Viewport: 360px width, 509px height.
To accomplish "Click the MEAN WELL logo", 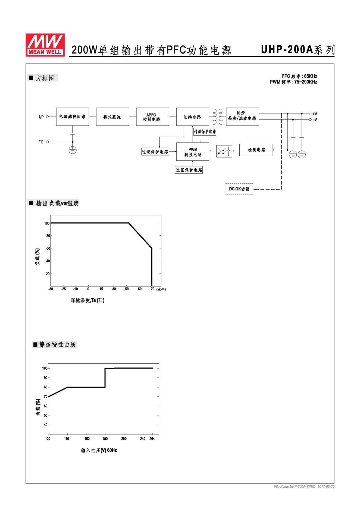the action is click(45, 45).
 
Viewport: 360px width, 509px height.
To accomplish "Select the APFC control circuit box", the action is click(152, 117).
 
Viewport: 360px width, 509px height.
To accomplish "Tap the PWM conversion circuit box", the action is click(193, 152).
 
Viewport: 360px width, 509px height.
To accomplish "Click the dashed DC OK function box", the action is click(239, 189).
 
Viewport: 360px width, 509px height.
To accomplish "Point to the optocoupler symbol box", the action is click(224, 151).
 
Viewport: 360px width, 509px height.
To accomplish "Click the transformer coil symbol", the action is click(218, 117).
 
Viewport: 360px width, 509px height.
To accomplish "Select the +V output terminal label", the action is click(315, 114).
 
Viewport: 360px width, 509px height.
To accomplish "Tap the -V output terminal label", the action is click(315, 120).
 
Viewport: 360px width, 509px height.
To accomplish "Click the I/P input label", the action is click(41, 117).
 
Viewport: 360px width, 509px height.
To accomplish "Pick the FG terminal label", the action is click(41, 142).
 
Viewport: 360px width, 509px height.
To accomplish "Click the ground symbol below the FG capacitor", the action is click(73, 150).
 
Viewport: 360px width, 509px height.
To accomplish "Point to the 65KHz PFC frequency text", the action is click(311, 76).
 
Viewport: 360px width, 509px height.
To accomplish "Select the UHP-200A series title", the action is click(298, 49).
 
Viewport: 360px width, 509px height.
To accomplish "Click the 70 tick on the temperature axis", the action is click(152, 289).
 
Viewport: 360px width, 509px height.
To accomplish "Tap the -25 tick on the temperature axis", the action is click(63, 289).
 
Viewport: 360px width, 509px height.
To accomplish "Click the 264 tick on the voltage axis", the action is click(152, 439).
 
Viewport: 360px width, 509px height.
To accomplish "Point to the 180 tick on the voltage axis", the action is click(105, 439).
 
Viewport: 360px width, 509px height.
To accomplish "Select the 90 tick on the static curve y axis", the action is click(45, 378).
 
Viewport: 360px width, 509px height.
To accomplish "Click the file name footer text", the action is click(304, 486).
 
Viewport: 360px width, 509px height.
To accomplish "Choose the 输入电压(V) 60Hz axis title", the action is click(99, 450).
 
